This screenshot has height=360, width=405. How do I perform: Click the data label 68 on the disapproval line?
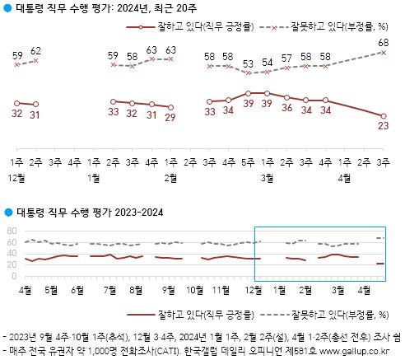[384, 42]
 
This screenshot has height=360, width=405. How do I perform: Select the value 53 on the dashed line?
[248, 63]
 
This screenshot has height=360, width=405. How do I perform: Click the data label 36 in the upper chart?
[286, 107]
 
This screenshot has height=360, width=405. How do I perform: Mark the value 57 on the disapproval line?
[286, 58]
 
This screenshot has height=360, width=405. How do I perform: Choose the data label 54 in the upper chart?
[267, 62]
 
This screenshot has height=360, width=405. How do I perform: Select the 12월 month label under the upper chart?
[16, 176]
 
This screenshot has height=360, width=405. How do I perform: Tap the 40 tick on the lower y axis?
[12, 253]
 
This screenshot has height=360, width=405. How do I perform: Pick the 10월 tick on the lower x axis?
[195, 289]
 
